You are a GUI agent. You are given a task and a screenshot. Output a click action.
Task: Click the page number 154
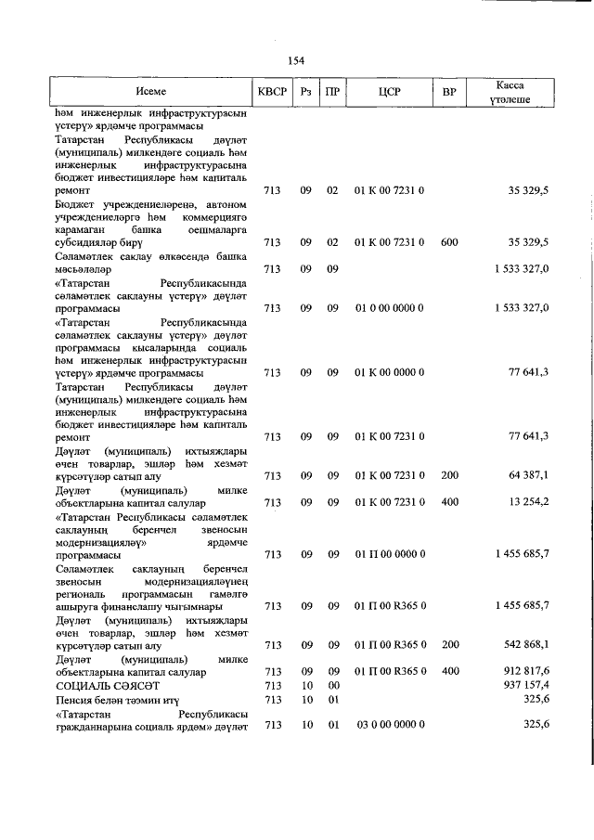[296, 60]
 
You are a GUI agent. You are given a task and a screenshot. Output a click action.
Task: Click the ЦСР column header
[389, 92]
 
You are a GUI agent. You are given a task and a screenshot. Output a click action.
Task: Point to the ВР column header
[449, 92]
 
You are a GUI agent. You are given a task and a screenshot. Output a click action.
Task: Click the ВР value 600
[449, 242]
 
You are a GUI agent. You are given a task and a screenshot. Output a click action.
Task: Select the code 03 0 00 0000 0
[389, 724]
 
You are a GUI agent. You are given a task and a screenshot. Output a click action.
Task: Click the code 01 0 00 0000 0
[389, 308]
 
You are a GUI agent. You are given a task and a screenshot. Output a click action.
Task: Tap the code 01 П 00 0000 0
[389, 555]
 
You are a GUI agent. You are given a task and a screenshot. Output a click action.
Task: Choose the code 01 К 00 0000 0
[389, 373]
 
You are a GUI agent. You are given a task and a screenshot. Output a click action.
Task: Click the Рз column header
[305, 92]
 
